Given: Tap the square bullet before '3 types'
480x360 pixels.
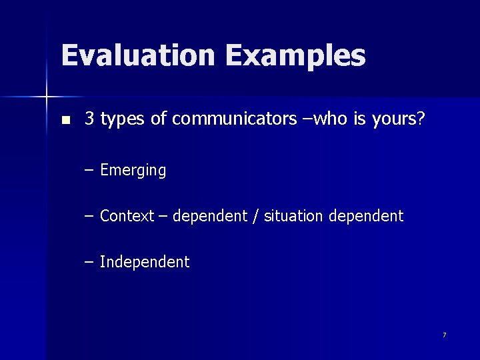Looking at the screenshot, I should tap(65, 121).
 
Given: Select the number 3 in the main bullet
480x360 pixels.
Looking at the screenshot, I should tap(89, 119).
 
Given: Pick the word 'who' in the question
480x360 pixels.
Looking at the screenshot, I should tap(326, 119).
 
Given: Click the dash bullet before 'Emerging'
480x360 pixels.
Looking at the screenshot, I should tap(89, 171).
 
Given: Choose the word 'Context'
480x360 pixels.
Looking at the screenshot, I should tap(127, 216).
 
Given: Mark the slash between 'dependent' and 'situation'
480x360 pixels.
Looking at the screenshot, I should tap(256, 216).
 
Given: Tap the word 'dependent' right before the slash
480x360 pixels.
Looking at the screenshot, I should tap(211, 216).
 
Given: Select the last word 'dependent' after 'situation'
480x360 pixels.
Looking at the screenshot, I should tap(365, 216).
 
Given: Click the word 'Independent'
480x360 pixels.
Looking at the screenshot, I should tap(145, 262).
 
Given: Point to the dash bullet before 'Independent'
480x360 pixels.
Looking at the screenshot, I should tap(89, 262).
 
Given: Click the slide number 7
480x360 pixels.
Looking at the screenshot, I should tap(444, 335).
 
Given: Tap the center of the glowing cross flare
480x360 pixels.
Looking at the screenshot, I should tap(47, 97).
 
